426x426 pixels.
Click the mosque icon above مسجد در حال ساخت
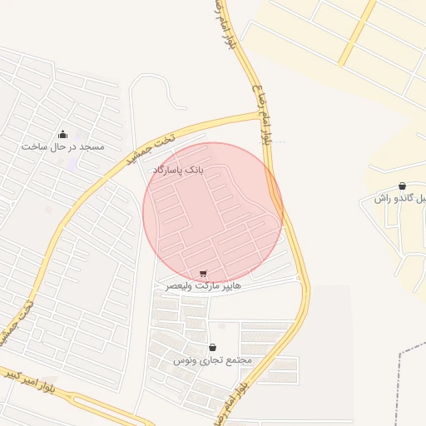(62, 134)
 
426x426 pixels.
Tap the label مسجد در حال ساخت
(63, 146)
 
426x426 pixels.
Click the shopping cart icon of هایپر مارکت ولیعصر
(204, 273)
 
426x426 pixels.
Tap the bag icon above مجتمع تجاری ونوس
(212, 348)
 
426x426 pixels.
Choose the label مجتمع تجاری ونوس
(212, 360)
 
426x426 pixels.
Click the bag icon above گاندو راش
(403, 186)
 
